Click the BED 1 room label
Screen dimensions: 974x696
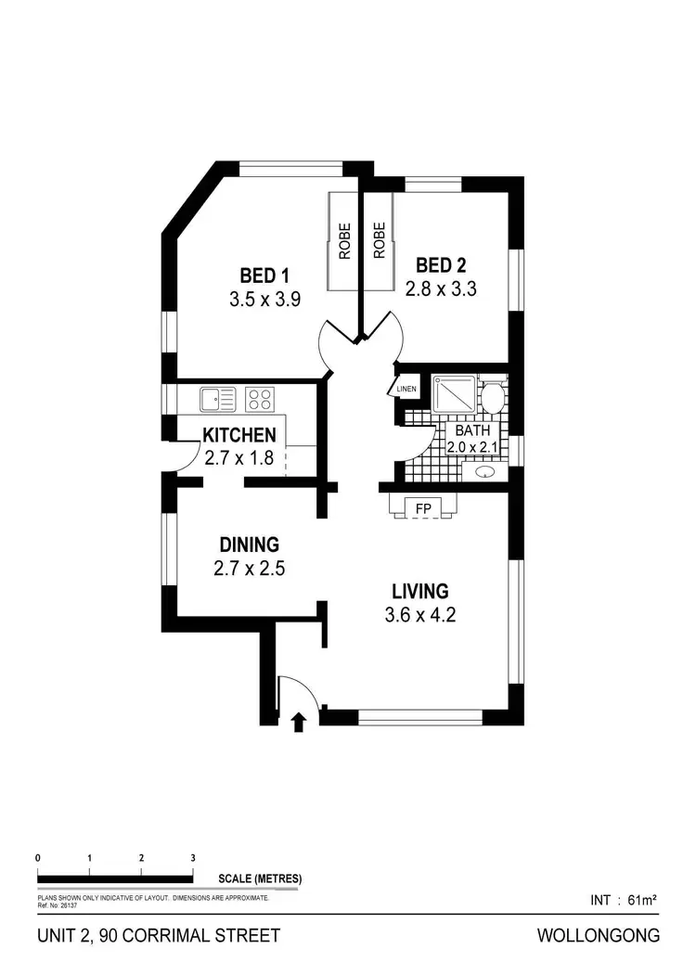[x=264, y=276]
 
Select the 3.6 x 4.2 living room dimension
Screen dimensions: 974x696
[x=420, y=614]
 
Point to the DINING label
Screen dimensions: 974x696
[x=249, y=545]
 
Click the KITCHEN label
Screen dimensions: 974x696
[x=239, y=435]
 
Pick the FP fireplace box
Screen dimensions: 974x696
[x=423, y=508]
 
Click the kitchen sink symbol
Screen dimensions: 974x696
[x=217, y=400]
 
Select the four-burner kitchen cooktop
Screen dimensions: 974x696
[x=260, y=400]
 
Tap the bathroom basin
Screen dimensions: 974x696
[x=485, y=472]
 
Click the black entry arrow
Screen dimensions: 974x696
[x=299, y=722]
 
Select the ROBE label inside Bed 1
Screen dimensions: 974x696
[x=344, y=240]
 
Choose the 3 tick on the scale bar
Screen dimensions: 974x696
[x=192, y=859]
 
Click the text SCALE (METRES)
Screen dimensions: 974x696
[x=260, y=878]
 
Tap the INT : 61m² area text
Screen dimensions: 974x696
[x=624, y=900]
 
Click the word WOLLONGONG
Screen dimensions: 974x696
[x=599, y=936]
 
